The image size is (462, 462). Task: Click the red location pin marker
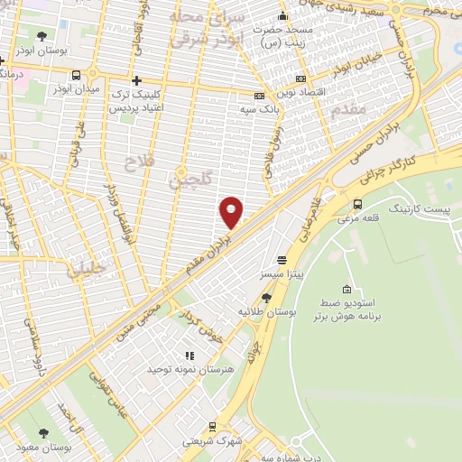coord(231,213)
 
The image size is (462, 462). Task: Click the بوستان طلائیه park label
coord(266,311)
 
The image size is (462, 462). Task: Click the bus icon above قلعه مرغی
coord(357,204)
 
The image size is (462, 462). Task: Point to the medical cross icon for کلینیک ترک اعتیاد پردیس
coord(136,81)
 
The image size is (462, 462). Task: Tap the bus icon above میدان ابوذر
coord(76,76)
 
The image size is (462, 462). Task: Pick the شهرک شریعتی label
coord(211,440)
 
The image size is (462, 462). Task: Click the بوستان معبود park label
coord(44,448)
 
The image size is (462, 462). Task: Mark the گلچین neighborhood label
coord(189,180)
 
